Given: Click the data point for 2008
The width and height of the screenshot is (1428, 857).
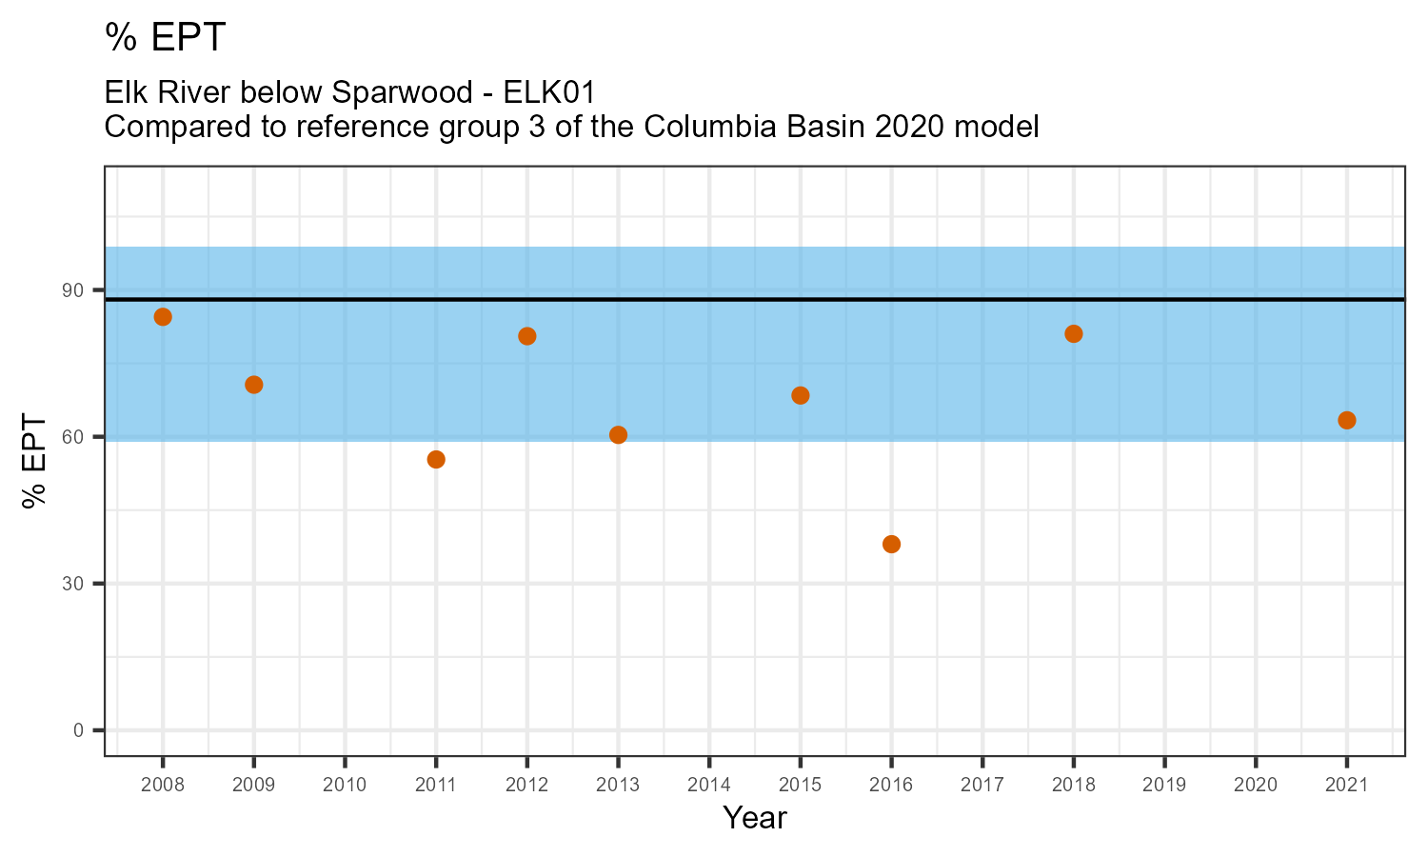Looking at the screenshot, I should point(163,317).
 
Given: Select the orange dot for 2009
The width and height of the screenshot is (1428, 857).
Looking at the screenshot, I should point(254,385).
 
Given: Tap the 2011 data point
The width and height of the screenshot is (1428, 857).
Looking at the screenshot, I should point(436,460).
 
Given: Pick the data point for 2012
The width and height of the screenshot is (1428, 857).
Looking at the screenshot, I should point(527,336).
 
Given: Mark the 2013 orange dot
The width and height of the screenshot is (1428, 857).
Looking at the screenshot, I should point(618,435).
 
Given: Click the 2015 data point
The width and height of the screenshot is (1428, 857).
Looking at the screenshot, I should point(801,396).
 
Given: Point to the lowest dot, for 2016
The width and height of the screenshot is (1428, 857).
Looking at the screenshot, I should point(891,545).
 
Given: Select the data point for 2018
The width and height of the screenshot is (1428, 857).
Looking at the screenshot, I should point(1074,334).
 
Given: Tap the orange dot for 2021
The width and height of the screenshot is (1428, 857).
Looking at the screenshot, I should point(1347,421).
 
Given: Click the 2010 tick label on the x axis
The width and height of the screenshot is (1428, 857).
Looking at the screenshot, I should point(345,786).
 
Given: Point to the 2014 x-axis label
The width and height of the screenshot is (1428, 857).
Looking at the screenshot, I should point(709,786).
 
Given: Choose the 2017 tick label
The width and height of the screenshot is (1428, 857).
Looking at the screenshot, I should point(982,786).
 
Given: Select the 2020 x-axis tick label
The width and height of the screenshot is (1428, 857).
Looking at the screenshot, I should point(1256,786).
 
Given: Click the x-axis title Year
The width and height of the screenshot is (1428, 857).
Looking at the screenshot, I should point(755,818).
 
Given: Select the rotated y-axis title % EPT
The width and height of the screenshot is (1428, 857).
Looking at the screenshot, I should point(36,462).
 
